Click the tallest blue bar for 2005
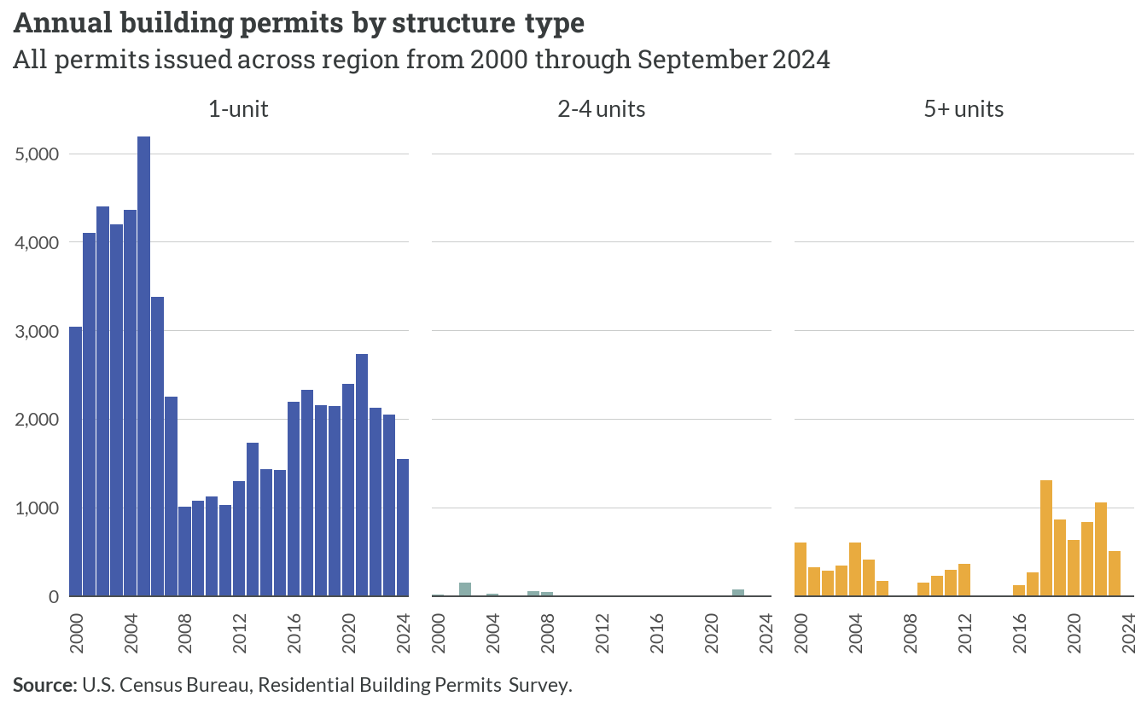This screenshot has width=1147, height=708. coord(144,366)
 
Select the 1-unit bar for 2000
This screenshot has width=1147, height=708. coord(76,461)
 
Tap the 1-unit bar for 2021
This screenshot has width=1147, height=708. coord(362,475)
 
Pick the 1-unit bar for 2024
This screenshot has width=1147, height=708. coord(403,527)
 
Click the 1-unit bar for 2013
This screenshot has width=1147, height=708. coord(253,519)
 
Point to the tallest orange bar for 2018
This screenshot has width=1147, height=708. coord(1046,538)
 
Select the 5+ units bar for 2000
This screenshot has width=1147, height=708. coord(801,569)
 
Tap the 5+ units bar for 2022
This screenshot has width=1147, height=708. coord(1101,549)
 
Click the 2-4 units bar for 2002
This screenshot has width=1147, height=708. coord(465,589)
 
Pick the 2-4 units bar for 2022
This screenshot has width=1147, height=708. coord(738,593)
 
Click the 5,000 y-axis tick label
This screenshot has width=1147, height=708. coord(37,154)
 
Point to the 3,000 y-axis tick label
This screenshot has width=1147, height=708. coord(37,331)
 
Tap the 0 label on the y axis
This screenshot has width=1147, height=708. coord(54,597)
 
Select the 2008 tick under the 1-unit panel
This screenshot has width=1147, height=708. coord(185,633)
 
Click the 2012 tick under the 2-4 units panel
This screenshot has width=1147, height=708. coord(603,633)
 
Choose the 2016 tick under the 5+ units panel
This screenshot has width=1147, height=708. coord(1020,633)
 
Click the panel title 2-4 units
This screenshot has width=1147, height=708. coord(601,109)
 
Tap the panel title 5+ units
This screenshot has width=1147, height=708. coord(964,109)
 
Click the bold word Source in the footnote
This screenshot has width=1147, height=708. coord(45,685)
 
